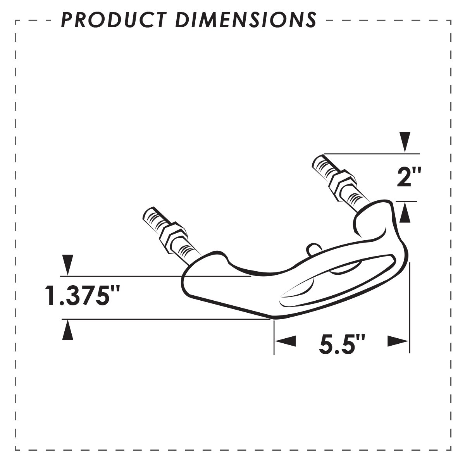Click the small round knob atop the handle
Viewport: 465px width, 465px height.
tap(313, 248)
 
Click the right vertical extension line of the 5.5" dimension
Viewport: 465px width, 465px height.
tap(409, 306)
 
